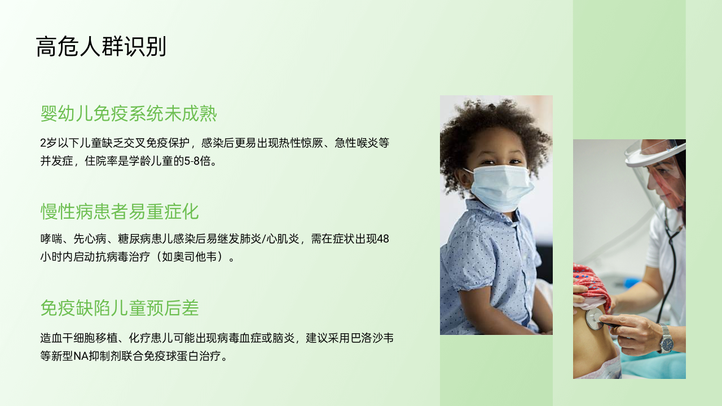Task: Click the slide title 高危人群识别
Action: [x=101, y=47]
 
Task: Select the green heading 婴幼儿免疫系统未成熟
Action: [x=129, y=114]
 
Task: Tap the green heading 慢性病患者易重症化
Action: [x=120, y=211]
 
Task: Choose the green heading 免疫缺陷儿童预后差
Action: [x=120, y=308]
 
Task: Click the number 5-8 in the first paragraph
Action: [x=192, y=161]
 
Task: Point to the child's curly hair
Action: [x=495, y=135]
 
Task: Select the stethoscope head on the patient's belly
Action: [x=594, y=319]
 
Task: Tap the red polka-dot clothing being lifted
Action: [x=592, y=284]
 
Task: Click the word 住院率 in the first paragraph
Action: [x=101, y=161]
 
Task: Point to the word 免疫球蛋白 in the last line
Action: [x=171, y=356]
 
